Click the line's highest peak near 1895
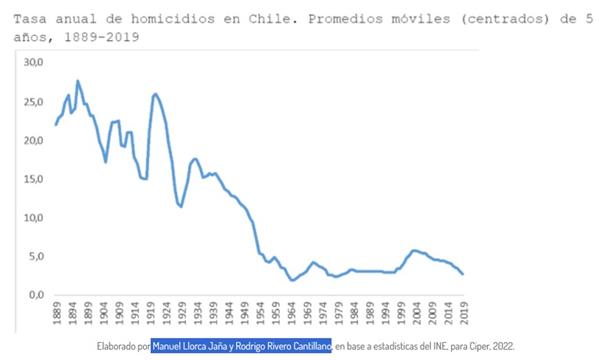pyautogui.click(x=77, y=81)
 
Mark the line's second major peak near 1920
pyautogui.click(x=156, y=94)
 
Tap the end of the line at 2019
pyautogui.click(x=462, y=274)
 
